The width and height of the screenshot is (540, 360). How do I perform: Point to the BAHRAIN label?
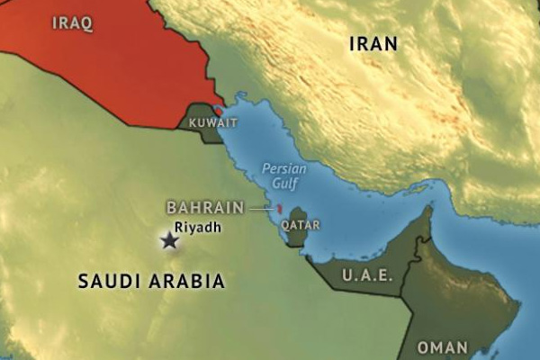click(x=205, y=207)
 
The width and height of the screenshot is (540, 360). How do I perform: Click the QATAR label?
click(x=300, y=224)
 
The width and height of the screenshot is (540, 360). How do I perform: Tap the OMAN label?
click(x=443, y=347)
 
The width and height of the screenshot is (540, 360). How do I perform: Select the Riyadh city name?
click(x=197, y=228)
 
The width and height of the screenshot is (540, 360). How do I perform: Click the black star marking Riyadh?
click(x=168, y=240)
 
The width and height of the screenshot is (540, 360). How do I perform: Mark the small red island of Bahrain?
click(x=279, y=209)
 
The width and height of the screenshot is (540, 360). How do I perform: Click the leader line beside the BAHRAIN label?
click(x=261, y=208)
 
